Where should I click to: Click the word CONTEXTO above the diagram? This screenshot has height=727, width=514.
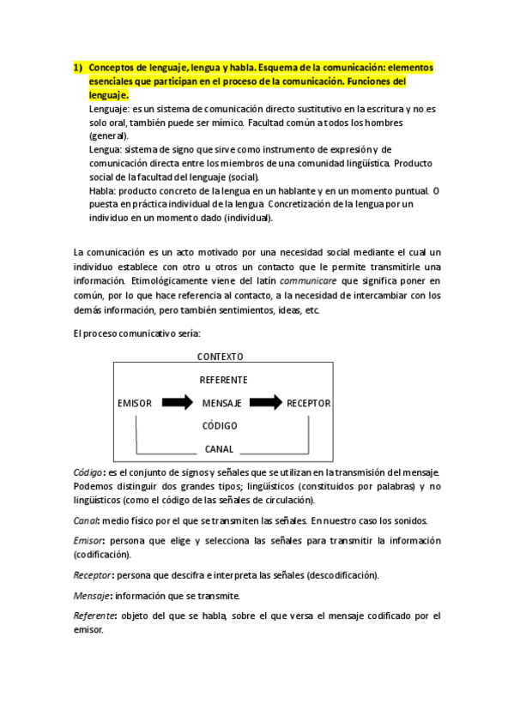pos(220,357)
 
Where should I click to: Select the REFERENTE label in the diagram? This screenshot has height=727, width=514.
pos(223,380)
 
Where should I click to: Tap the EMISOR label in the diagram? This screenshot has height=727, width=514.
pos(135,403)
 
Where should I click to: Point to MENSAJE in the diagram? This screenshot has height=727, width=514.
pos(221,403)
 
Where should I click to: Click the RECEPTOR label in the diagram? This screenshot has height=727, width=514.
pos(308,403)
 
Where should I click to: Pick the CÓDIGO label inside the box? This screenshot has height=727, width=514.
pos(220,426)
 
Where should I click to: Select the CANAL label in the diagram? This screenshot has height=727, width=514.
pos(219,448)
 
